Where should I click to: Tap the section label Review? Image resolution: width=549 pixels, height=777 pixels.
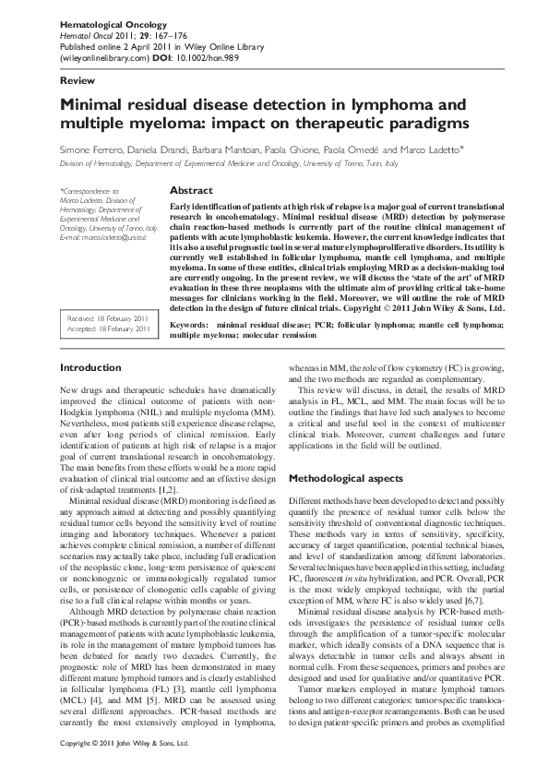click(77, 81)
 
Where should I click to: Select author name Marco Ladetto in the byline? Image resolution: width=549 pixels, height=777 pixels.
click(435, 149)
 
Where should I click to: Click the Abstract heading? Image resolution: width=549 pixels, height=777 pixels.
click(192, 190)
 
